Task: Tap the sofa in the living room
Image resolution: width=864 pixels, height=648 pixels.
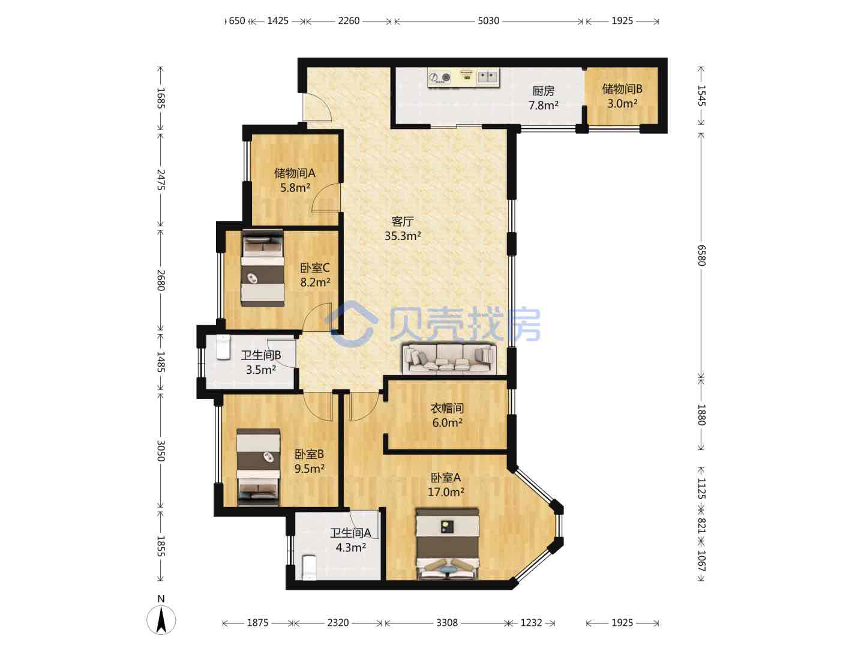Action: (449, 358)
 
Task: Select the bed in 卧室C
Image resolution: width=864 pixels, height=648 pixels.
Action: (263, 268)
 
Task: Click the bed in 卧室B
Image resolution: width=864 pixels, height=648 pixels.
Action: (258, 467)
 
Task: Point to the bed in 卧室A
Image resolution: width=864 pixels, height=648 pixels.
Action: (448, 544)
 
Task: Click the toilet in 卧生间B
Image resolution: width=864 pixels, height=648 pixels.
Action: (223, 347)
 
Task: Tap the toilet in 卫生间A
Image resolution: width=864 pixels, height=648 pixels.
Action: (309, 568)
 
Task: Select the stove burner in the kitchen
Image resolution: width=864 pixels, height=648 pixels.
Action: (440, 78)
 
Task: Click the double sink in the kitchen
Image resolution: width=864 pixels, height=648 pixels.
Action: (488, 76)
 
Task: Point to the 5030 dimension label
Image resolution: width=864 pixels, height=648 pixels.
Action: (488, 21)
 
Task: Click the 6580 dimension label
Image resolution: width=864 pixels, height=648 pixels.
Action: (701, 256)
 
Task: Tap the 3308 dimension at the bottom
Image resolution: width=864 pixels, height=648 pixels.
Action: (447, 623)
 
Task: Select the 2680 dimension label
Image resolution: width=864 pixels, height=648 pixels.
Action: (161, 280)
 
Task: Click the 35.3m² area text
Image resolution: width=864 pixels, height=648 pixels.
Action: (403, 236)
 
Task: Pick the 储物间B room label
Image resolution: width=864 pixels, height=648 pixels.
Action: (622, 89)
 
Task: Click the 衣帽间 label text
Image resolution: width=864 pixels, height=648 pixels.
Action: (447, 409)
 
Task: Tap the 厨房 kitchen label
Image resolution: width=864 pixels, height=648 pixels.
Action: (543, 91)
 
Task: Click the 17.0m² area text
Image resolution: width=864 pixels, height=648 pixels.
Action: (446, 492)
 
